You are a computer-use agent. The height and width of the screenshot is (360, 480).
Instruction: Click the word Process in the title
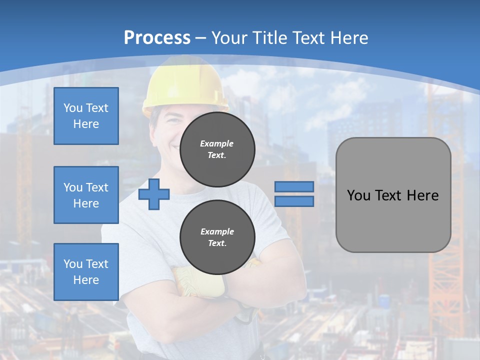click(x=157, y=37)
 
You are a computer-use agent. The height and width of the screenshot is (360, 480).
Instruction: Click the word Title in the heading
click(x=269, y=37)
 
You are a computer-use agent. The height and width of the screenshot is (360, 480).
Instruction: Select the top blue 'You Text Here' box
click(x=86, y=116)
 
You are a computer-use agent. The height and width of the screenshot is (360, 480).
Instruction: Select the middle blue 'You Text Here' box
click(x=86, y=195)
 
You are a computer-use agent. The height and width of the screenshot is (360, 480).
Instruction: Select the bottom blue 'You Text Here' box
click(x=86, y=272)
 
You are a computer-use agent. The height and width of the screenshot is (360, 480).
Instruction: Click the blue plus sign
click(x=154, y=193)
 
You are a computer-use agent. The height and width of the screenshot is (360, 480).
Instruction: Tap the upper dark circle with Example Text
click(x=217, y=149)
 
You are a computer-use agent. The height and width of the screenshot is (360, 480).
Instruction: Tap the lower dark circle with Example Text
click(x=217, y=237)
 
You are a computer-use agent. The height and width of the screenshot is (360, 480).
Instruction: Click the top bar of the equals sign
click(x=294, y=186)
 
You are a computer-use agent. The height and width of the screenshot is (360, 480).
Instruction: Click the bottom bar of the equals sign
click(x=294, y=201)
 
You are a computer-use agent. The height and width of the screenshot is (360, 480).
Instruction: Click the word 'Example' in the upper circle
click(x=217, y=143)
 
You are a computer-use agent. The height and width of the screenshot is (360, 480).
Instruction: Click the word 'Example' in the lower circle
click(x=217, y=231)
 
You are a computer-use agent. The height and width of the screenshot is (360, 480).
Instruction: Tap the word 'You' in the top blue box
click(x=73, y=108)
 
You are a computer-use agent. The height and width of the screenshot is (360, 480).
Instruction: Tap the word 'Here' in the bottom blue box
click(x=86, y=280)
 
